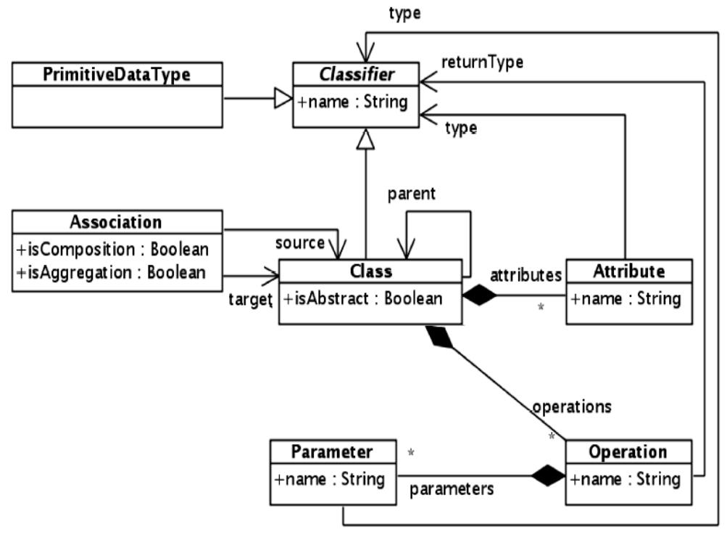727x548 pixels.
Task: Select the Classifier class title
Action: (x=355, y=74)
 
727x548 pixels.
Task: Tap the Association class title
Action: (x=116, y=221)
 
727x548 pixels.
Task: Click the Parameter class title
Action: (x=332, y=451)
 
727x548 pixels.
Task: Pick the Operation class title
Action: (x=628, y=451)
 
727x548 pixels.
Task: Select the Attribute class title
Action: (x=628, y=271)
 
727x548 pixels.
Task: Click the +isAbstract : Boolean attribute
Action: (x=362, y=298)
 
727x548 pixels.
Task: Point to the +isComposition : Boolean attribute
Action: (x=112, y=249)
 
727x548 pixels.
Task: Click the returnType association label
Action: (x=482, y=62)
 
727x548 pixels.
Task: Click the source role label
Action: (x=299, y=243)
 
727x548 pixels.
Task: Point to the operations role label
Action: (x=571, y=406)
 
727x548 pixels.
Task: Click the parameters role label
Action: (x=452, y=488)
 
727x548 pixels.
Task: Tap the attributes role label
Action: (x=525, y=274)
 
